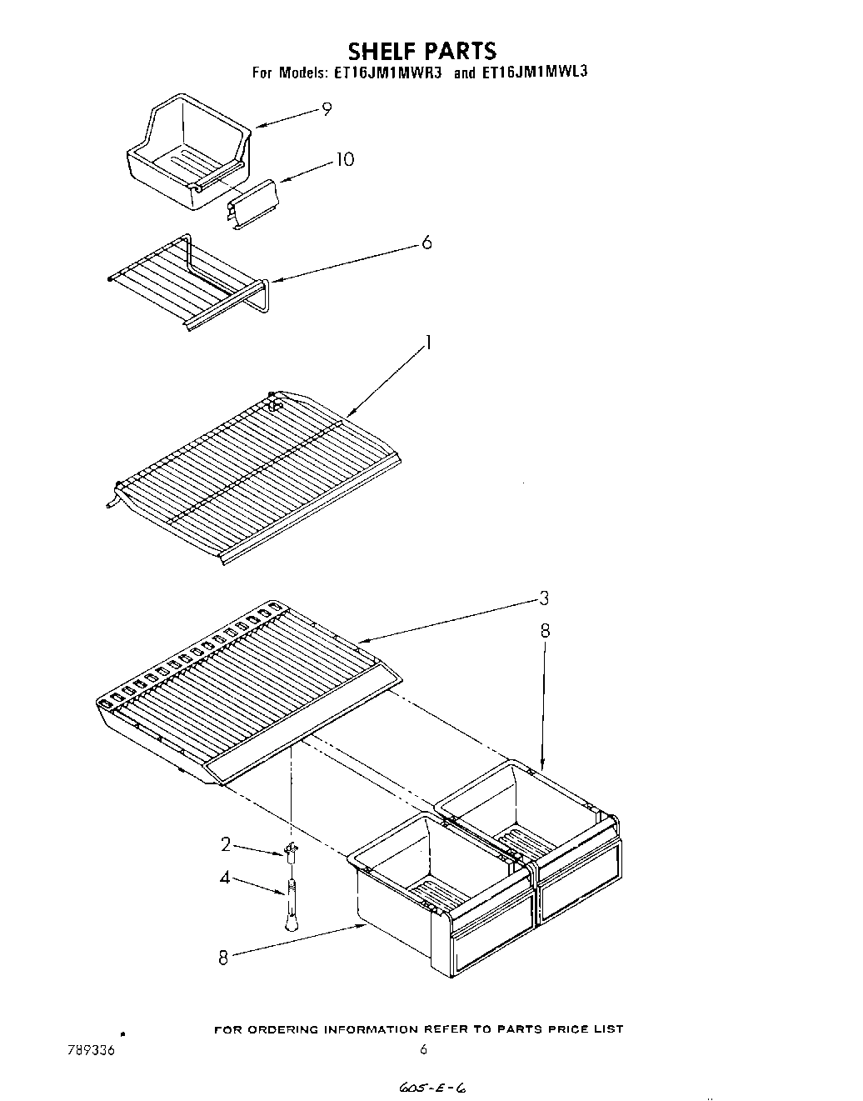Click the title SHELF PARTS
(422, 51)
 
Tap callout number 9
(327, 108)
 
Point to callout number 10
(344, 159)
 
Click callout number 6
(427, 243)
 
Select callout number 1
(429, 343)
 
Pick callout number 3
(543, 598)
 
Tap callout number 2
(225, 844)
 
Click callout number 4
(225, 878)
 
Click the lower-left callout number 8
(222, 958)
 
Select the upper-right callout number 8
(545, 631)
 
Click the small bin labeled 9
(189, 150)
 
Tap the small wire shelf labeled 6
(187, 282)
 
